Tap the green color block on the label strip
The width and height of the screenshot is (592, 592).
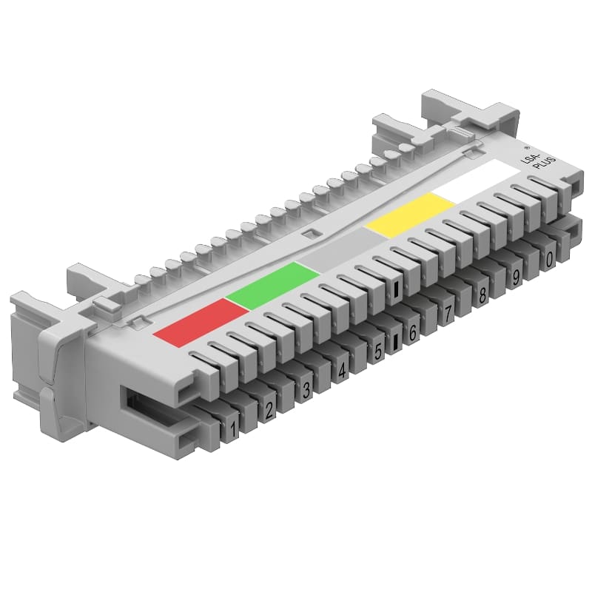point(272,284)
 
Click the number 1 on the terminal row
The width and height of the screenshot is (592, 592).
point(234,427)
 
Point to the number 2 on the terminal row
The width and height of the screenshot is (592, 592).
point(270,408)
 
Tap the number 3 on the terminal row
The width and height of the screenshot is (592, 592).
point(306,389)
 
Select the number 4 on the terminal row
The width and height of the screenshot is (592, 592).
point(342,371)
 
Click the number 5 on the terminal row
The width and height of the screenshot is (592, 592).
point(378,351)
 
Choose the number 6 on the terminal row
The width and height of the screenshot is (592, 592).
point(413,333)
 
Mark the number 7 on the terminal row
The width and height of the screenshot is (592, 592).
point(448,314)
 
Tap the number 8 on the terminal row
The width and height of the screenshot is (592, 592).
point(482,296)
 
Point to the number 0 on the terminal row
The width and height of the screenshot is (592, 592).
point(549,260)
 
